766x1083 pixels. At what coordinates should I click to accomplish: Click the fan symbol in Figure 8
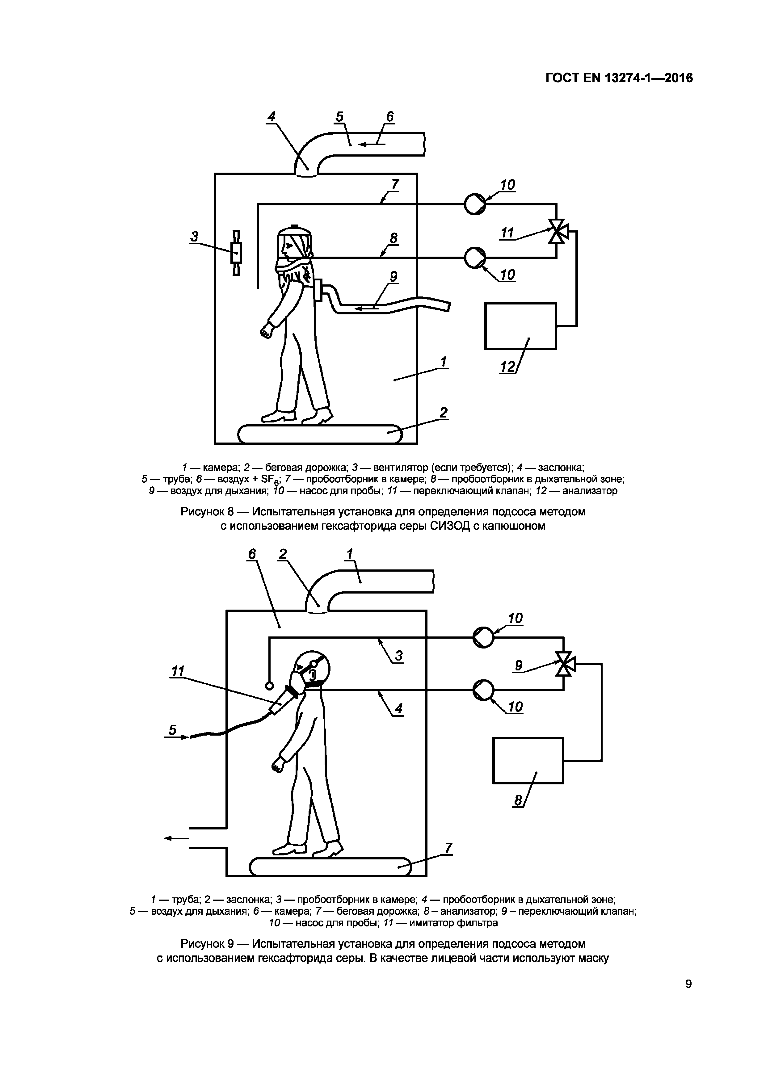pos(236,253)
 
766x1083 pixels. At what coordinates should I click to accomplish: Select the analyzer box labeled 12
pos(520,326)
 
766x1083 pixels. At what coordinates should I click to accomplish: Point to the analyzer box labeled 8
pos(528,760)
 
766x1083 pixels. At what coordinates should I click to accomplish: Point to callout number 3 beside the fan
pos(194,236)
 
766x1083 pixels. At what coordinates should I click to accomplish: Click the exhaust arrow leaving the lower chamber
pos(176,838)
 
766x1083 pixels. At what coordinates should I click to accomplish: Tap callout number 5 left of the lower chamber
pos(172,730)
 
